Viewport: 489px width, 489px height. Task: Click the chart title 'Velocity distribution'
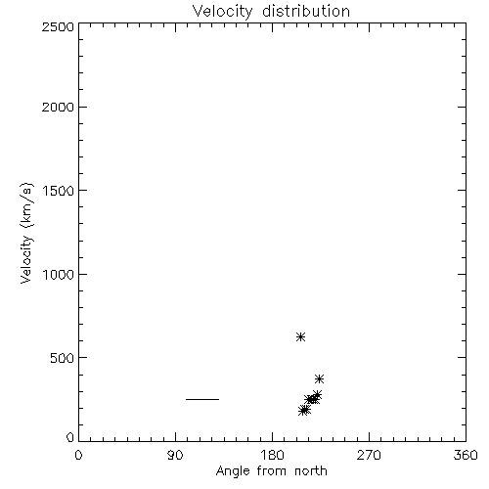[271, 12]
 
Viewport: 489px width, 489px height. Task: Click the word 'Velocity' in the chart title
[222, 12]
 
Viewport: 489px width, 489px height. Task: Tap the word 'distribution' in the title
[306, 11]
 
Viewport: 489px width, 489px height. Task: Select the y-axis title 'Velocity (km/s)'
[26, 233]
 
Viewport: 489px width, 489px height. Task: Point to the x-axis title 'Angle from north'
[271, 471]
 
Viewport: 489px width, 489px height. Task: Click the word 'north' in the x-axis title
[311, 470]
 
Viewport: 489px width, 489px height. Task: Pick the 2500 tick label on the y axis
[58, 26]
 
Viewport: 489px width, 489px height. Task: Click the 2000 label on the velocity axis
[58, 107]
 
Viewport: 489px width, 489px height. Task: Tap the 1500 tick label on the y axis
[59, 191]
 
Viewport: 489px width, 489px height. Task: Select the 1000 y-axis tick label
[59, 274]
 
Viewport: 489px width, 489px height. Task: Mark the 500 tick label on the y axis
[63, 358]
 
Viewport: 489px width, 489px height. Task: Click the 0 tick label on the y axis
[70, 437]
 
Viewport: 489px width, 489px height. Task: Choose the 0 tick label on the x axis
[78, 455]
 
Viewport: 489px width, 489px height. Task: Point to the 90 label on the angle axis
[175, 455]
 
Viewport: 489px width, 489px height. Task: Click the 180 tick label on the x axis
[272, 455]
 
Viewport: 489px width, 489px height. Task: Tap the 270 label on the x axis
[369, 455]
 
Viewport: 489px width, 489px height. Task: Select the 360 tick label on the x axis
[466, 455]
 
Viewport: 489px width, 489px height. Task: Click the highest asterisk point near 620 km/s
[300, 336]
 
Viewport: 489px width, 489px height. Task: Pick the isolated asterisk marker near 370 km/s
[319, 378]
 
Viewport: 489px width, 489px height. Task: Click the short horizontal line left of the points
[202, 399]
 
